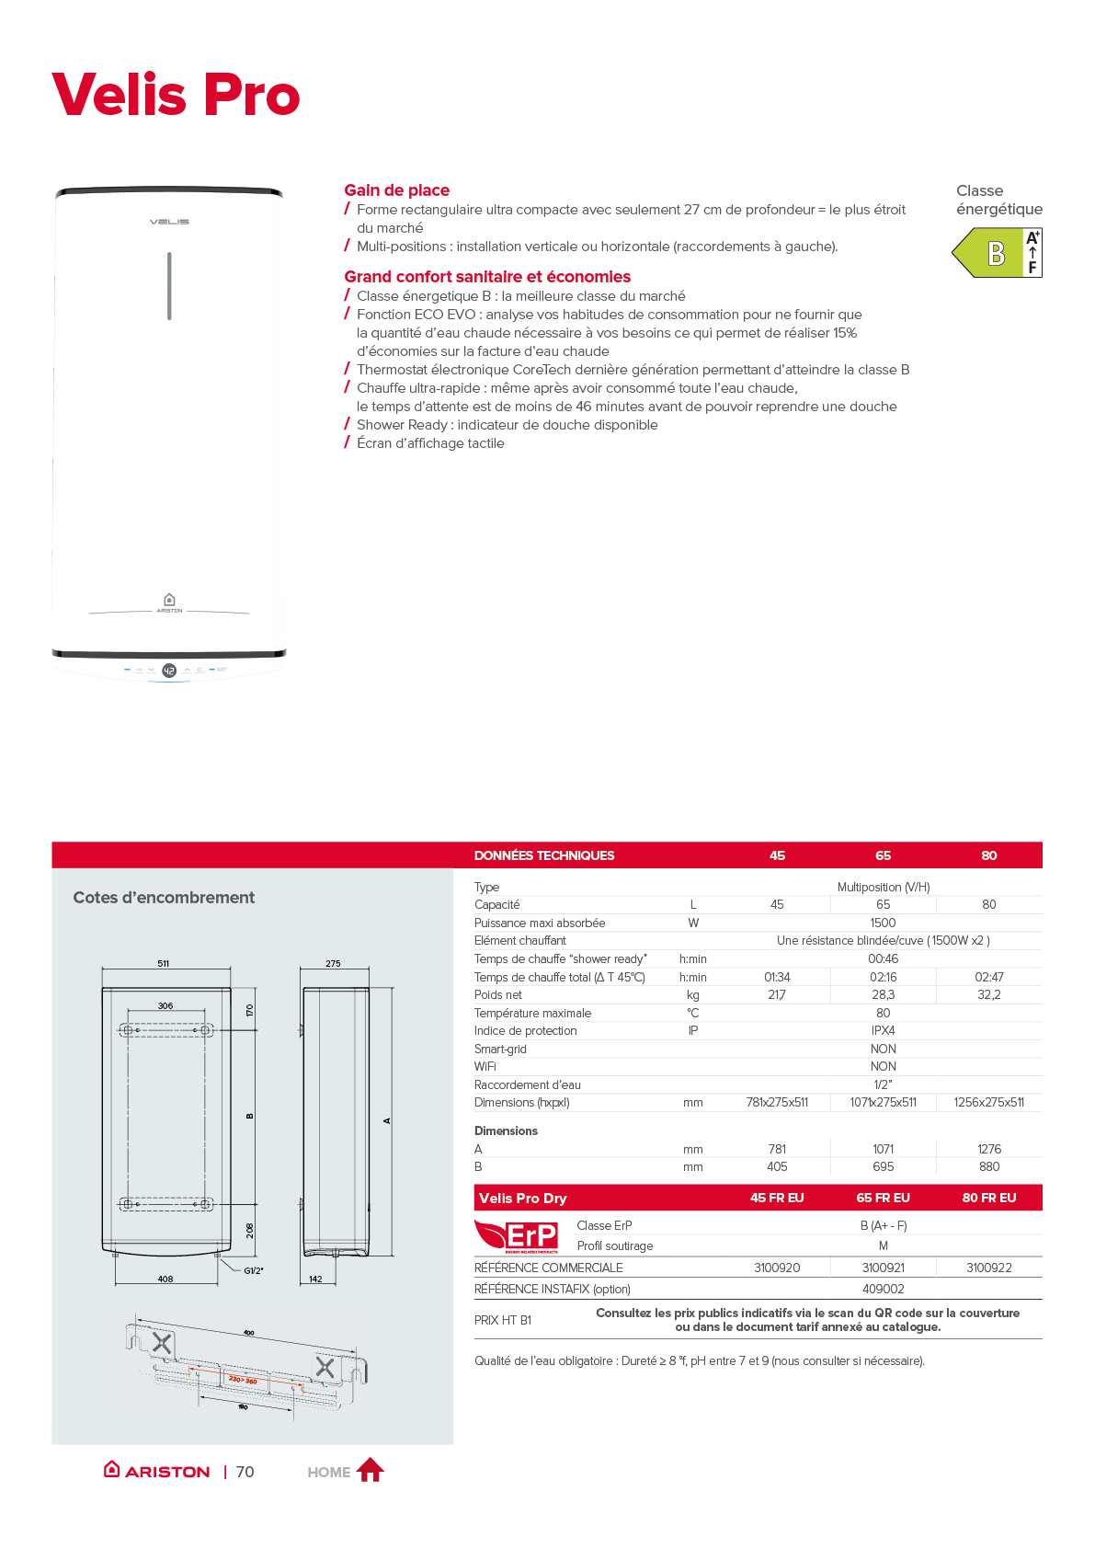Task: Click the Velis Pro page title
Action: click(176, 95)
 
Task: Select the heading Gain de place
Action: click(396, 190)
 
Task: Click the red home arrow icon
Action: click(370, 1470)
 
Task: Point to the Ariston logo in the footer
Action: click(157, 1471)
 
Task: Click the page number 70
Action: click(245, 1472)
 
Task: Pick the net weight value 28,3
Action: click(883, 995)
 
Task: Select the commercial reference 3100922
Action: click(988, 1268)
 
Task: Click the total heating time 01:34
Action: click(777, 977)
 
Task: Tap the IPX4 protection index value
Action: click(883, 1031)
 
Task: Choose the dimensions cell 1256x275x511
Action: click(988, 1103)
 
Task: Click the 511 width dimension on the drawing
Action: click(164, 964)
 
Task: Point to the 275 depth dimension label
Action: click(333, 964)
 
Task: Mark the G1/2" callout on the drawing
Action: click(253, 1271)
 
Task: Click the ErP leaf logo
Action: click(516, 1235)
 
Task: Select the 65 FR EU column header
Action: click(883, 1198)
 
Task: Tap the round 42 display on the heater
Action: click(169, 671)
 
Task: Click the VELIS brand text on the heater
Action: click(169, 222)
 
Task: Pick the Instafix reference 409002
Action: click(883, 1290)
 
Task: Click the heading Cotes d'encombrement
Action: click(164, 898)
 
